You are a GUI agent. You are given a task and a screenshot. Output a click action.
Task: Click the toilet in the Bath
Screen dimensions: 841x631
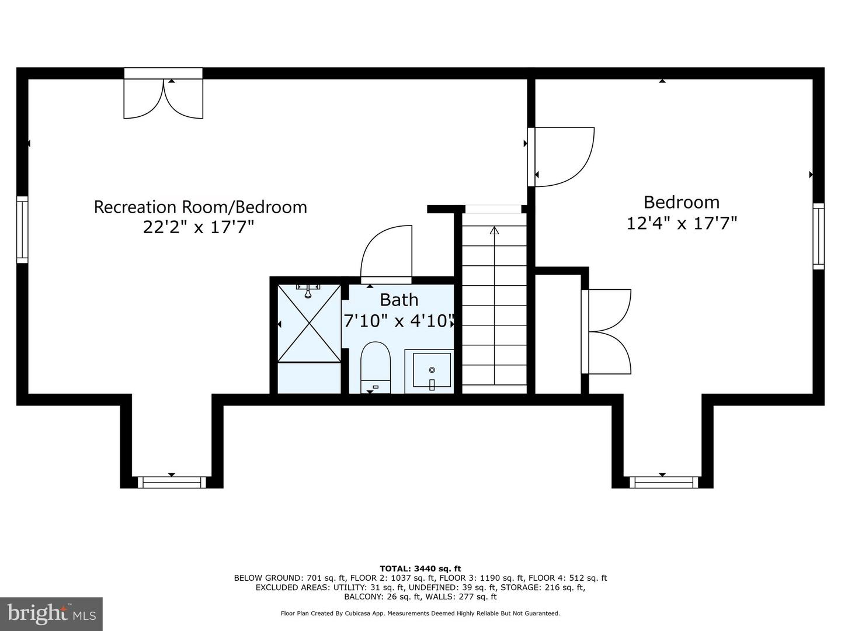[376, 367]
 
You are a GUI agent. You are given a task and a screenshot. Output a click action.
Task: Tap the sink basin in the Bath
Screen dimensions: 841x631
[432, 370]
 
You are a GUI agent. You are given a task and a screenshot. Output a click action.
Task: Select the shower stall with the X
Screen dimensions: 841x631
[309, 323]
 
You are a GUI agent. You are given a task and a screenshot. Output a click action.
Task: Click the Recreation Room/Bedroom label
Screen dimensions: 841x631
[200, 207]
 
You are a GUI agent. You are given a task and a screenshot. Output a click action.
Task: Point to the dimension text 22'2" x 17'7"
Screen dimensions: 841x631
[199, 227]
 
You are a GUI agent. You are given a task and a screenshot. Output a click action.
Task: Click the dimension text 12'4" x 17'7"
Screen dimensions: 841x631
[682, 223]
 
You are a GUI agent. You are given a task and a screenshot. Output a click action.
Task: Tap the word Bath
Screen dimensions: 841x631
[399, 300]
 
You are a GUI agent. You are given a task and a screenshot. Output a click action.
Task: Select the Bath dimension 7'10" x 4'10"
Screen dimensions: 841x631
[399, 321]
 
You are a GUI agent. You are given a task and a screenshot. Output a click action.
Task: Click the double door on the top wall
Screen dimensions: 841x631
[163, 93]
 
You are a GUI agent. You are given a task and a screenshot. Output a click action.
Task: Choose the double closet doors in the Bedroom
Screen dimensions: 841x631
[606, 331]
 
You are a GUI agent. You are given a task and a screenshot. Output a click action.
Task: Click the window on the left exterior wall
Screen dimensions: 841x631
[22, 230]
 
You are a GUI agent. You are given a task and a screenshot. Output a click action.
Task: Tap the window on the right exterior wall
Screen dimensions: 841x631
[818, 236]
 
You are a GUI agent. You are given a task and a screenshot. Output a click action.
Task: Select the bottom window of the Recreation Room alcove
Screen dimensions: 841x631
[172, 482]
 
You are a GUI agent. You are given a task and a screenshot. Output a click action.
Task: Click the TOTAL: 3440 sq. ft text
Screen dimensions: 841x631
[420, 568]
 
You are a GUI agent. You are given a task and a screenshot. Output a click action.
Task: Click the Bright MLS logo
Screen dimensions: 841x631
[51, 613]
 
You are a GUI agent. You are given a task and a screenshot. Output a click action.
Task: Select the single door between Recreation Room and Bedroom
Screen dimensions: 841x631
[561, 157]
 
